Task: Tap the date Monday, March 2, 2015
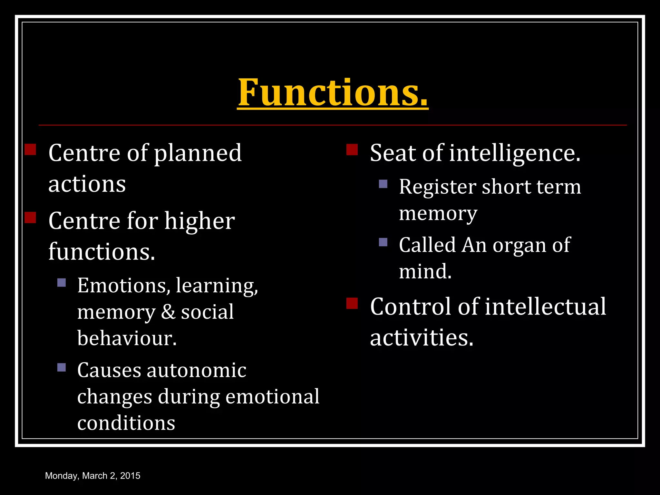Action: tap(93, 476)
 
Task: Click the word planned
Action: tap(198, 153)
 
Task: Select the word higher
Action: tap(199, 221)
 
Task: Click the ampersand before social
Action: tap(168, 312)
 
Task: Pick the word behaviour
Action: tap(127, 338)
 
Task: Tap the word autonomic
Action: tap(197, 370)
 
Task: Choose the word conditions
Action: tap(126, 423)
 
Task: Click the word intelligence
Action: tap(515, 153)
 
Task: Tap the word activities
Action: tap(422, 338)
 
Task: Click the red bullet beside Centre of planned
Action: tap(30, 150)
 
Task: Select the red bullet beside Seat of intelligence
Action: tap(352, 150)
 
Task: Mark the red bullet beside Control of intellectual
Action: tap(352, 303)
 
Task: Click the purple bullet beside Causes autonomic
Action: tap(62, 367)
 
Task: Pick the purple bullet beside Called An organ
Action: tap(383, 242)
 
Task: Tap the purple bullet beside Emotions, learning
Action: tap(62, 283)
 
